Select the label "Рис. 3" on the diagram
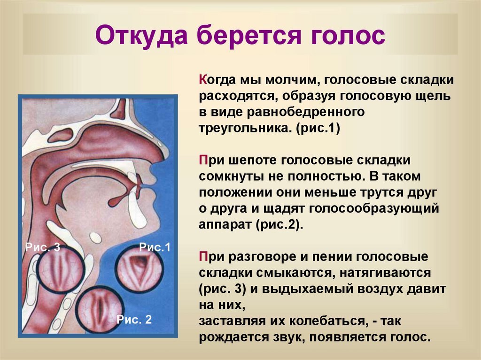tap(43, 248)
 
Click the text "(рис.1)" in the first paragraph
tap(318, 129)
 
